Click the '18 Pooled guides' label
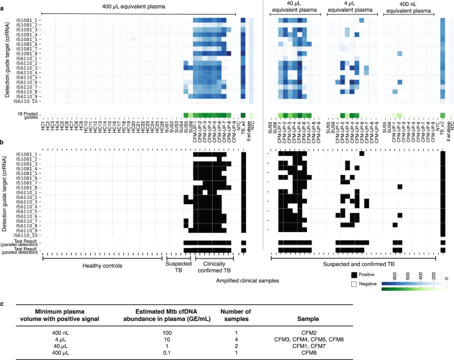click(x=25, y=117)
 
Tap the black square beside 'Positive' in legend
click(x=355, y=275)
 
